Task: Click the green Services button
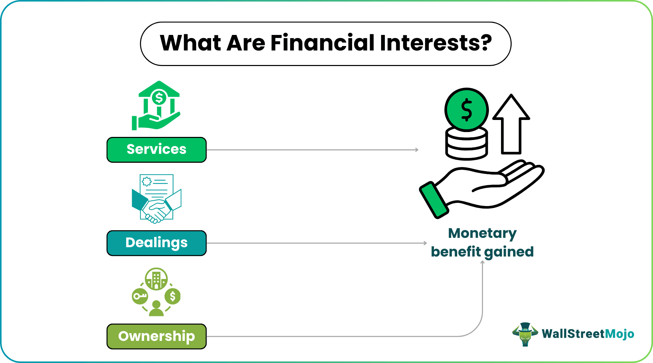157,150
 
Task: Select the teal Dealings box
157,243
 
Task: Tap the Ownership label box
157,336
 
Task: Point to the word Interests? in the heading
436,43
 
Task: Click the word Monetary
482,234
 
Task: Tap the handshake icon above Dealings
157,199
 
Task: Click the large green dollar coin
466,110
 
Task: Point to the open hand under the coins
491,187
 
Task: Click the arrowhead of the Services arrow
417,150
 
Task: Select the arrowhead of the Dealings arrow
425,243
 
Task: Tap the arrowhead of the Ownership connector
482,262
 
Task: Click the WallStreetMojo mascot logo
525,334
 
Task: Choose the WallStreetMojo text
588,334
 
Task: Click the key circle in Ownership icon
140,296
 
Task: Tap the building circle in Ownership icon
156,279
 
